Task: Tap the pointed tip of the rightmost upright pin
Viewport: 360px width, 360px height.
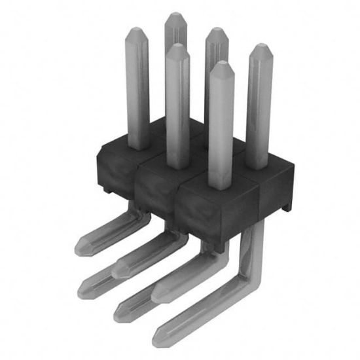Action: [x=261, y=47]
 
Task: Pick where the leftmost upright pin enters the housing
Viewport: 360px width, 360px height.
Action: [x=137, y=145]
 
